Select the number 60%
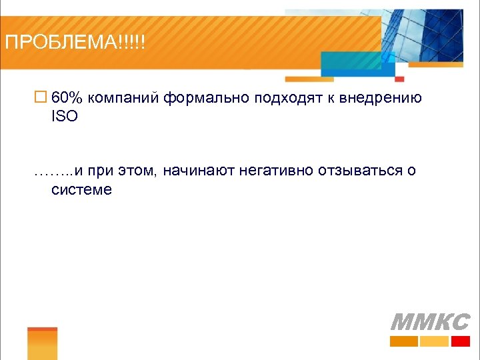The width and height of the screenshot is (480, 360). click(x=67, y=98)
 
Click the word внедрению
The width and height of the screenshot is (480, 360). click(x=381, y=99)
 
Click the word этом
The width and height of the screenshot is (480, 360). click(x=138, y=171)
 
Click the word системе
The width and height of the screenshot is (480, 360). click(x=81, y=189)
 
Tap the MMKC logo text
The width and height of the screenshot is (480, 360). click(x=429, y=322)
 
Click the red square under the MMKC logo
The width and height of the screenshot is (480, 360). click(x=460, y=341)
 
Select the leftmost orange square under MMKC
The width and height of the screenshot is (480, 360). click(x=403, y=341)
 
